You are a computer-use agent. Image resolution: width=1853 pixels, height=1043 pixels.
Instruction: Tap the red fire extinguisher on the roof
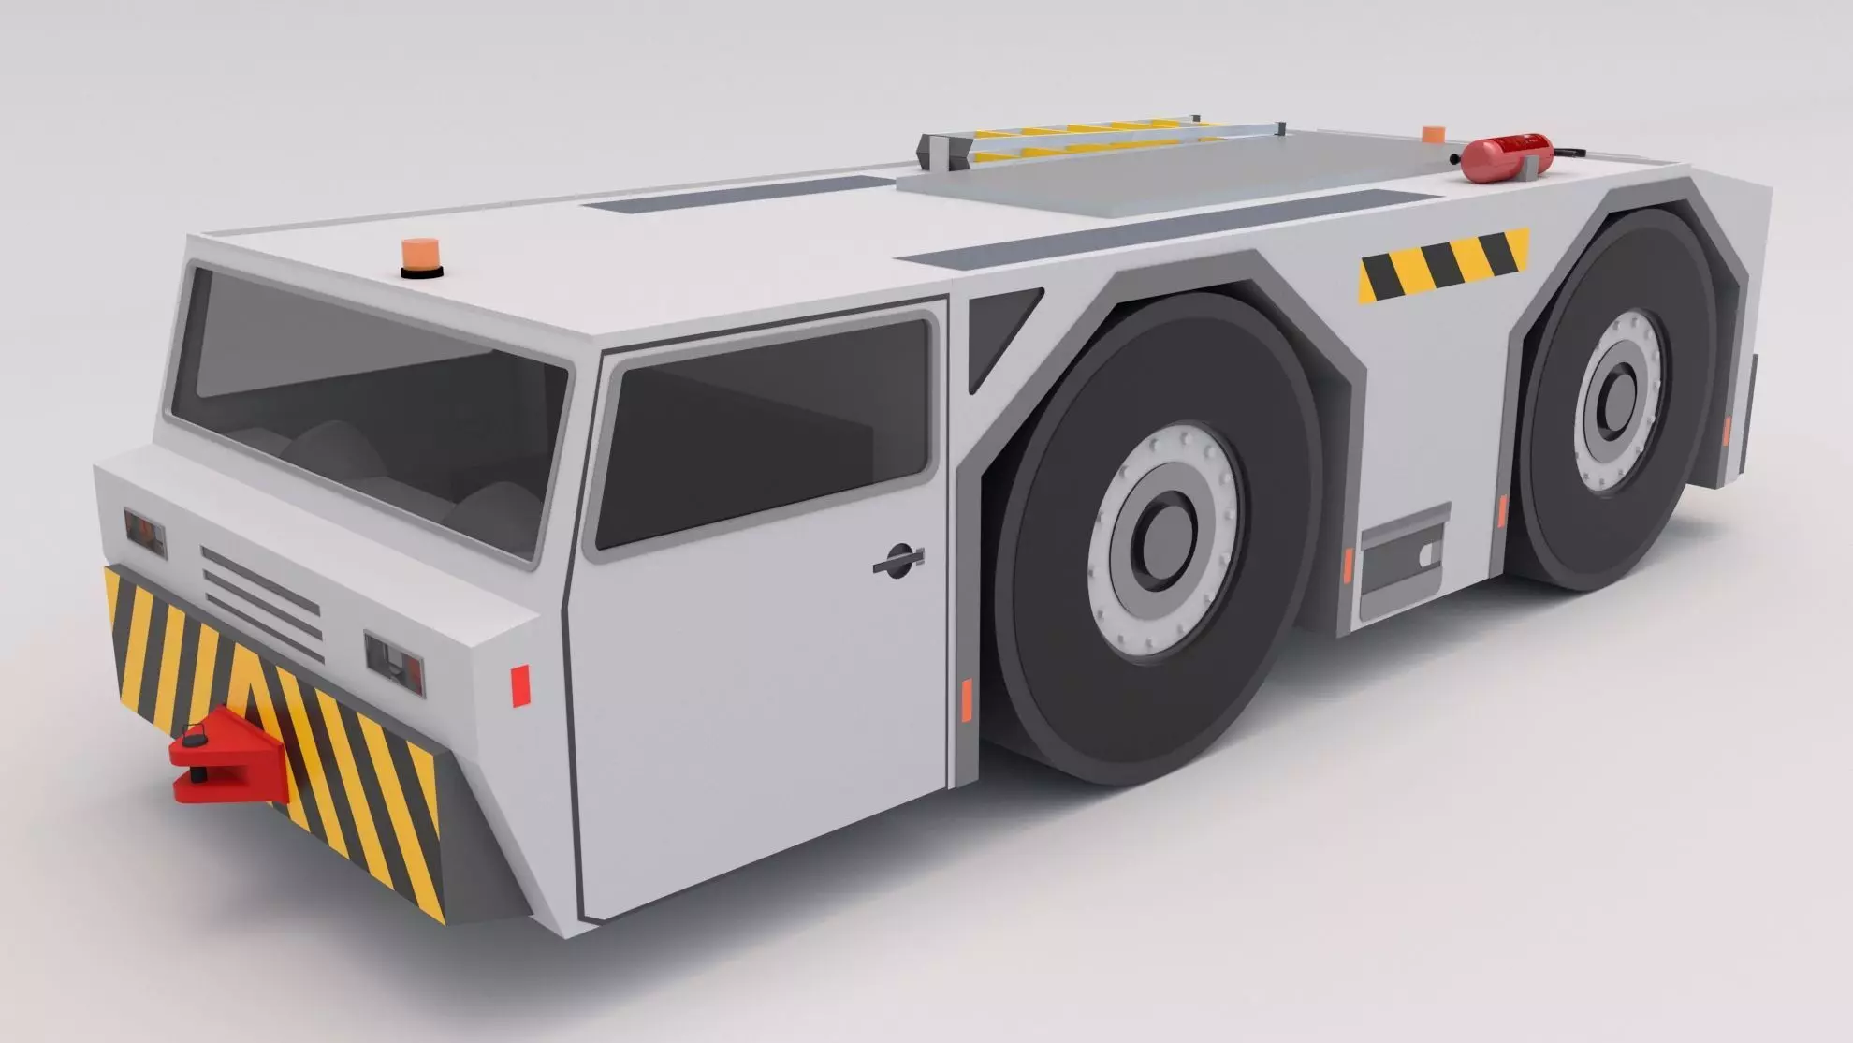pyautogui.click(x=1506, y=157)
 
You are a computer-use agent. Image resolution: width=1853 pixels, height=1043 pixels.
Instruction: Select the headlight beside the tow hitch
pyautogui.click(x=394, y=663)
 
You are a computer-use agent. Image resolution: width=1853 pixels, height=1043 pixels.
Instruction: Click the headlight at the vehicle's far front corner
pyautogui.click(x=145, y=533)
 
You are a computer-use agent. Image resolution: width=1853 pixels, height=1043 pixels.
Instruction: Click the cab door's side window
pyautogui.click(x=763, y=432)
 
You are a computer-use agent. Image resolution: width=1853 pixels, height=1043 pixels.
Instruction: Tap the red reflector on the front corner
pyautogui.click(x=520, y=684)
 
